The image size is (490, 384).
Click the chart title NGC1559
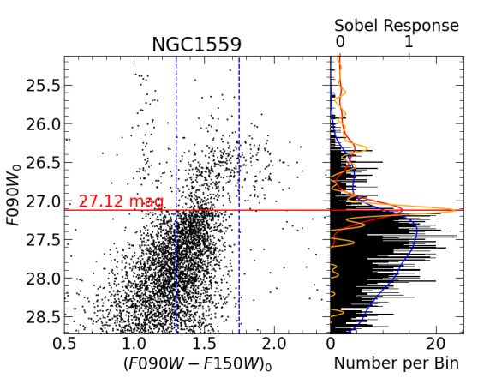[197, 44]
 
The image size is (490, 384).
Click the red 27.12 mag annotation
[121, 201]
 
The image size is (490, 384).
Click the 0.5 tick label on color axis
[65, 344]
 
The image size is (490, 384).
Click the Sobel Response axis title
[397, 25]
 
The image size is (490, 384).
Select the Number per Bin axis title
[397, 364]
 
